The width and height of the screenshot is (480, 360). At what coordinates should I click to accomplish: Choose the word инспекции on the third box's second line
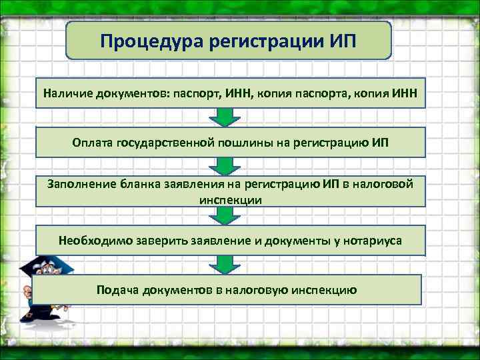coord(230,199)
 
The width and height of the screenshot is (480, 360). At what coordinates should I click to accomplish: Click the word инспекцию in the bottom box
coord(326,290)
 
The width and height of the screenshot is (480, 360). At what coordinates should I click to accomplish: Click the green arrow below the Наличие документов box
coord(225,117)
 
